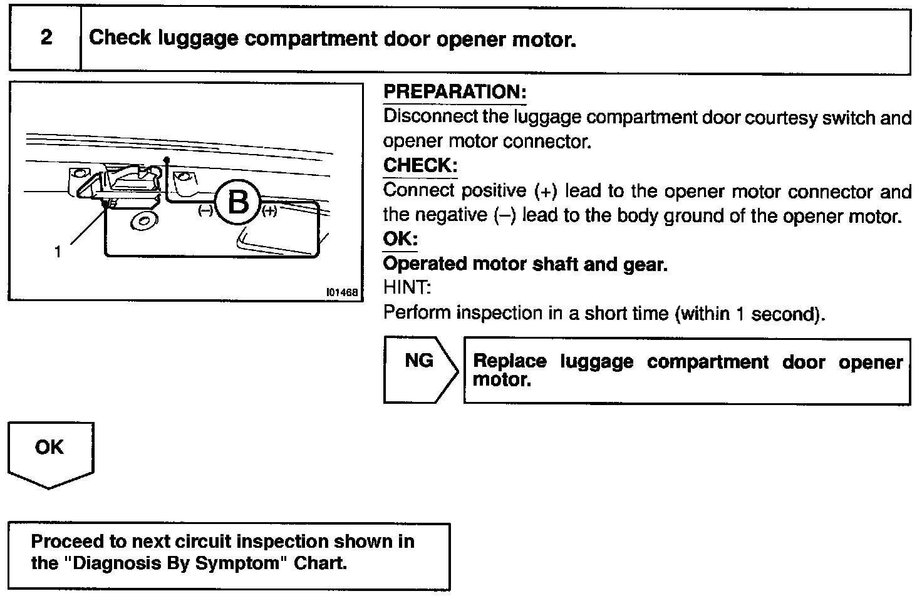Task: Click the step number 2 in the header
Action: point(46,38)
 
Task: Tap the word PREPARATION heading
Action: point(454,92)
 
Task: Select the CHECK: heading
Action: point(420,166)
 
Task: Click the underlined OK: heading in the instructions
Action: point(400,239)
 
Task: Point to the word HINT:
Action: point(407,288)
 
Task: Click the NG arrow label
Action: point(419,361)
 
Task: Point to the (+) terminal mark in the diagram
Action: point(269,212)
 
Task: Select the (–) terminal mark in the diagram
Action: point(205,211)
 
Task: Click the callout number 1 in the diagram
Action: point(58,252)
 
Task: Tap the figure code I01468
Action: point(341,292)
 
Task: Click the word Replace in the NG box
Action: point(509,361)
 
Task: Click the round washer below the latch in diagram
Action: point(144,221)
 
